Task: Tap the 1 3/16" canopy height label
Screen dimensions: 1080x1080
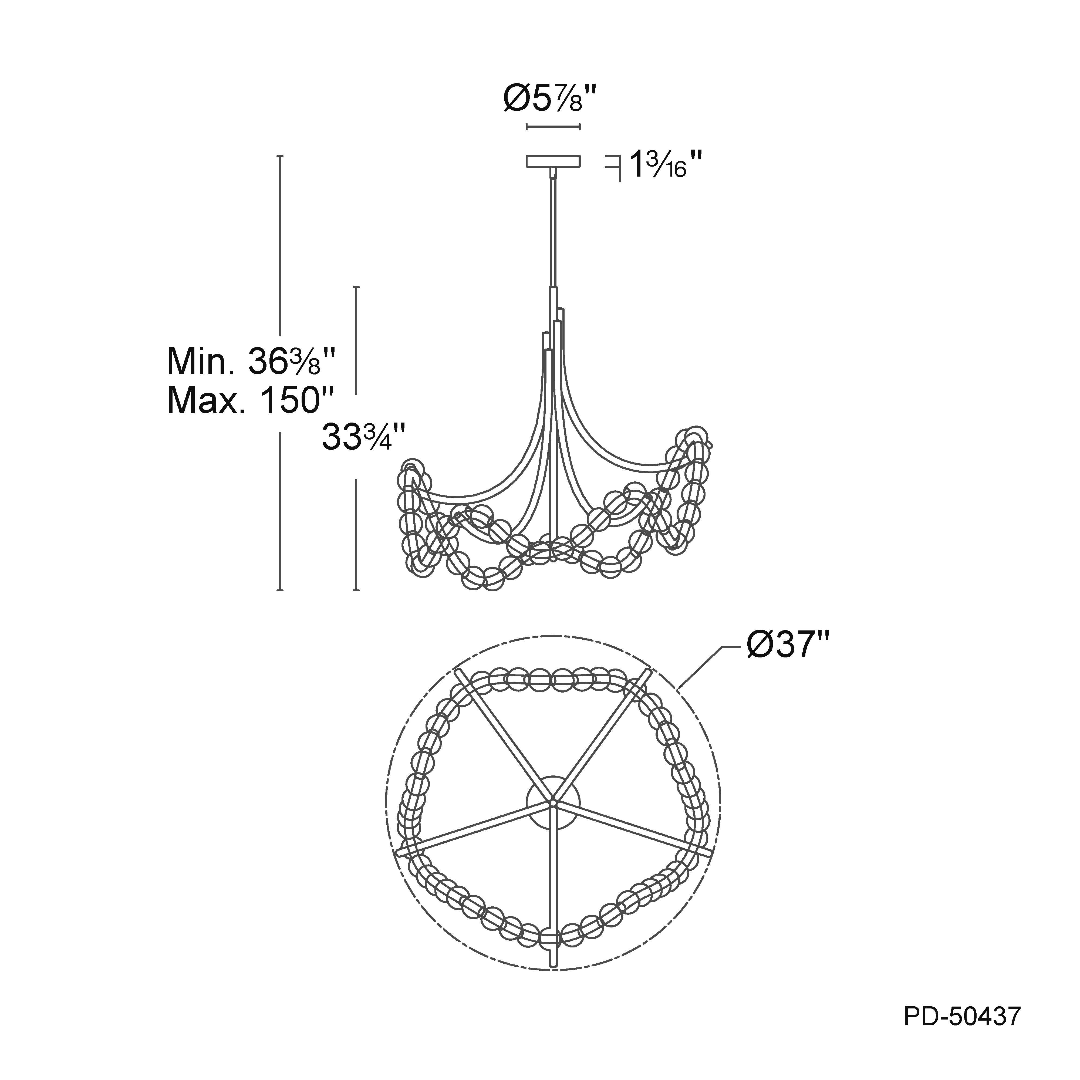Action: pyautogui.click(x=665, y=164)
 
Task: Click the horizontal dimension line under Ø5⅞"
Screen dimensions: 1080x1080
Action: pyautogui.click(x=553, y=127)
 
